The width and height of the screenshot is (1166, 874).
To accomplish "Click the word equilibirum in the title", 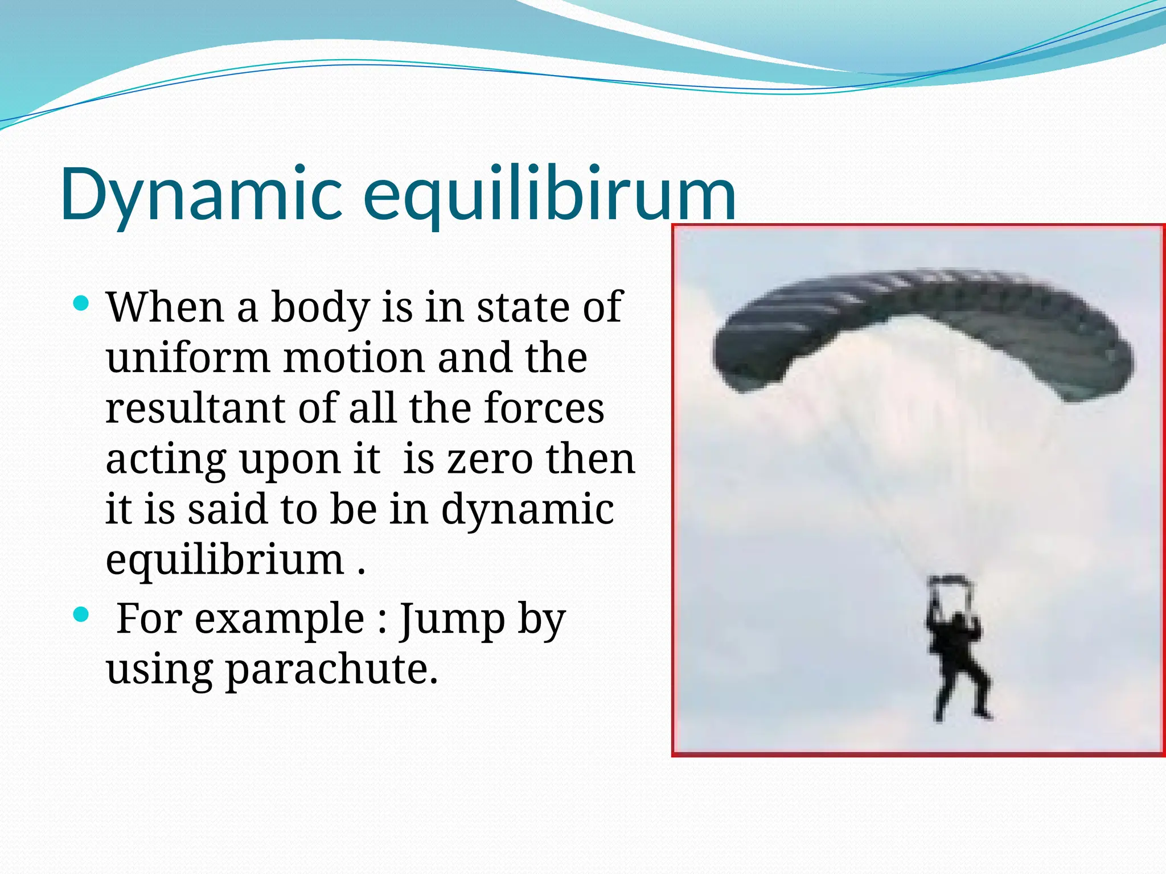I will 549,195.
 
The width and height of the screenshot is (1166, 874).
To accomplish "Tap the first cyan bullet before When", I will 82,303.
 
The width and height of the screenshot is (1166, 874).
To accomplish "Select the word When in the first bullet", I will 165,307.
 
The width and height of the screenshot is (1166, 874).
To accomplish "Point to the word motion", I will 353,358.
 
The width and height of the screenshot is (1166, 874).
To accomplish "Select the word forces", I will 544,409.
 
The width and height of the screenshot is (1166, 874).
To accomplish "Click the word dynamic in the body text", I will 527,509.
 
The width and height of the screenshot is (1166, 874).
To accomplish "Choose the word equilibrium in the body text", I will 225,560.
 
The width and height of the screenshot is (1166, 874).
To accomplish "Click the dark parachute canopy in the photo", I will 922,324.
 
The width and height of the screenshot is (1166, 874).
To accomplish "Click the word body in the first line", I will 320,308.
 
